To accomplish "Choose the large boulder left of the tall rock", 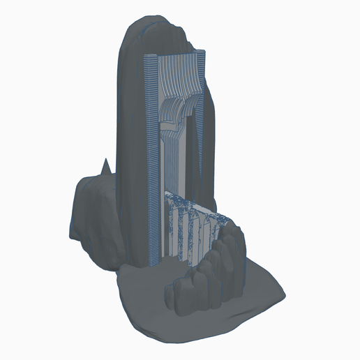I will click(x=98, y=216).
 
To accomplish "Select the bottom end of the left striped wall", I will click(x=156, y=262).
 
